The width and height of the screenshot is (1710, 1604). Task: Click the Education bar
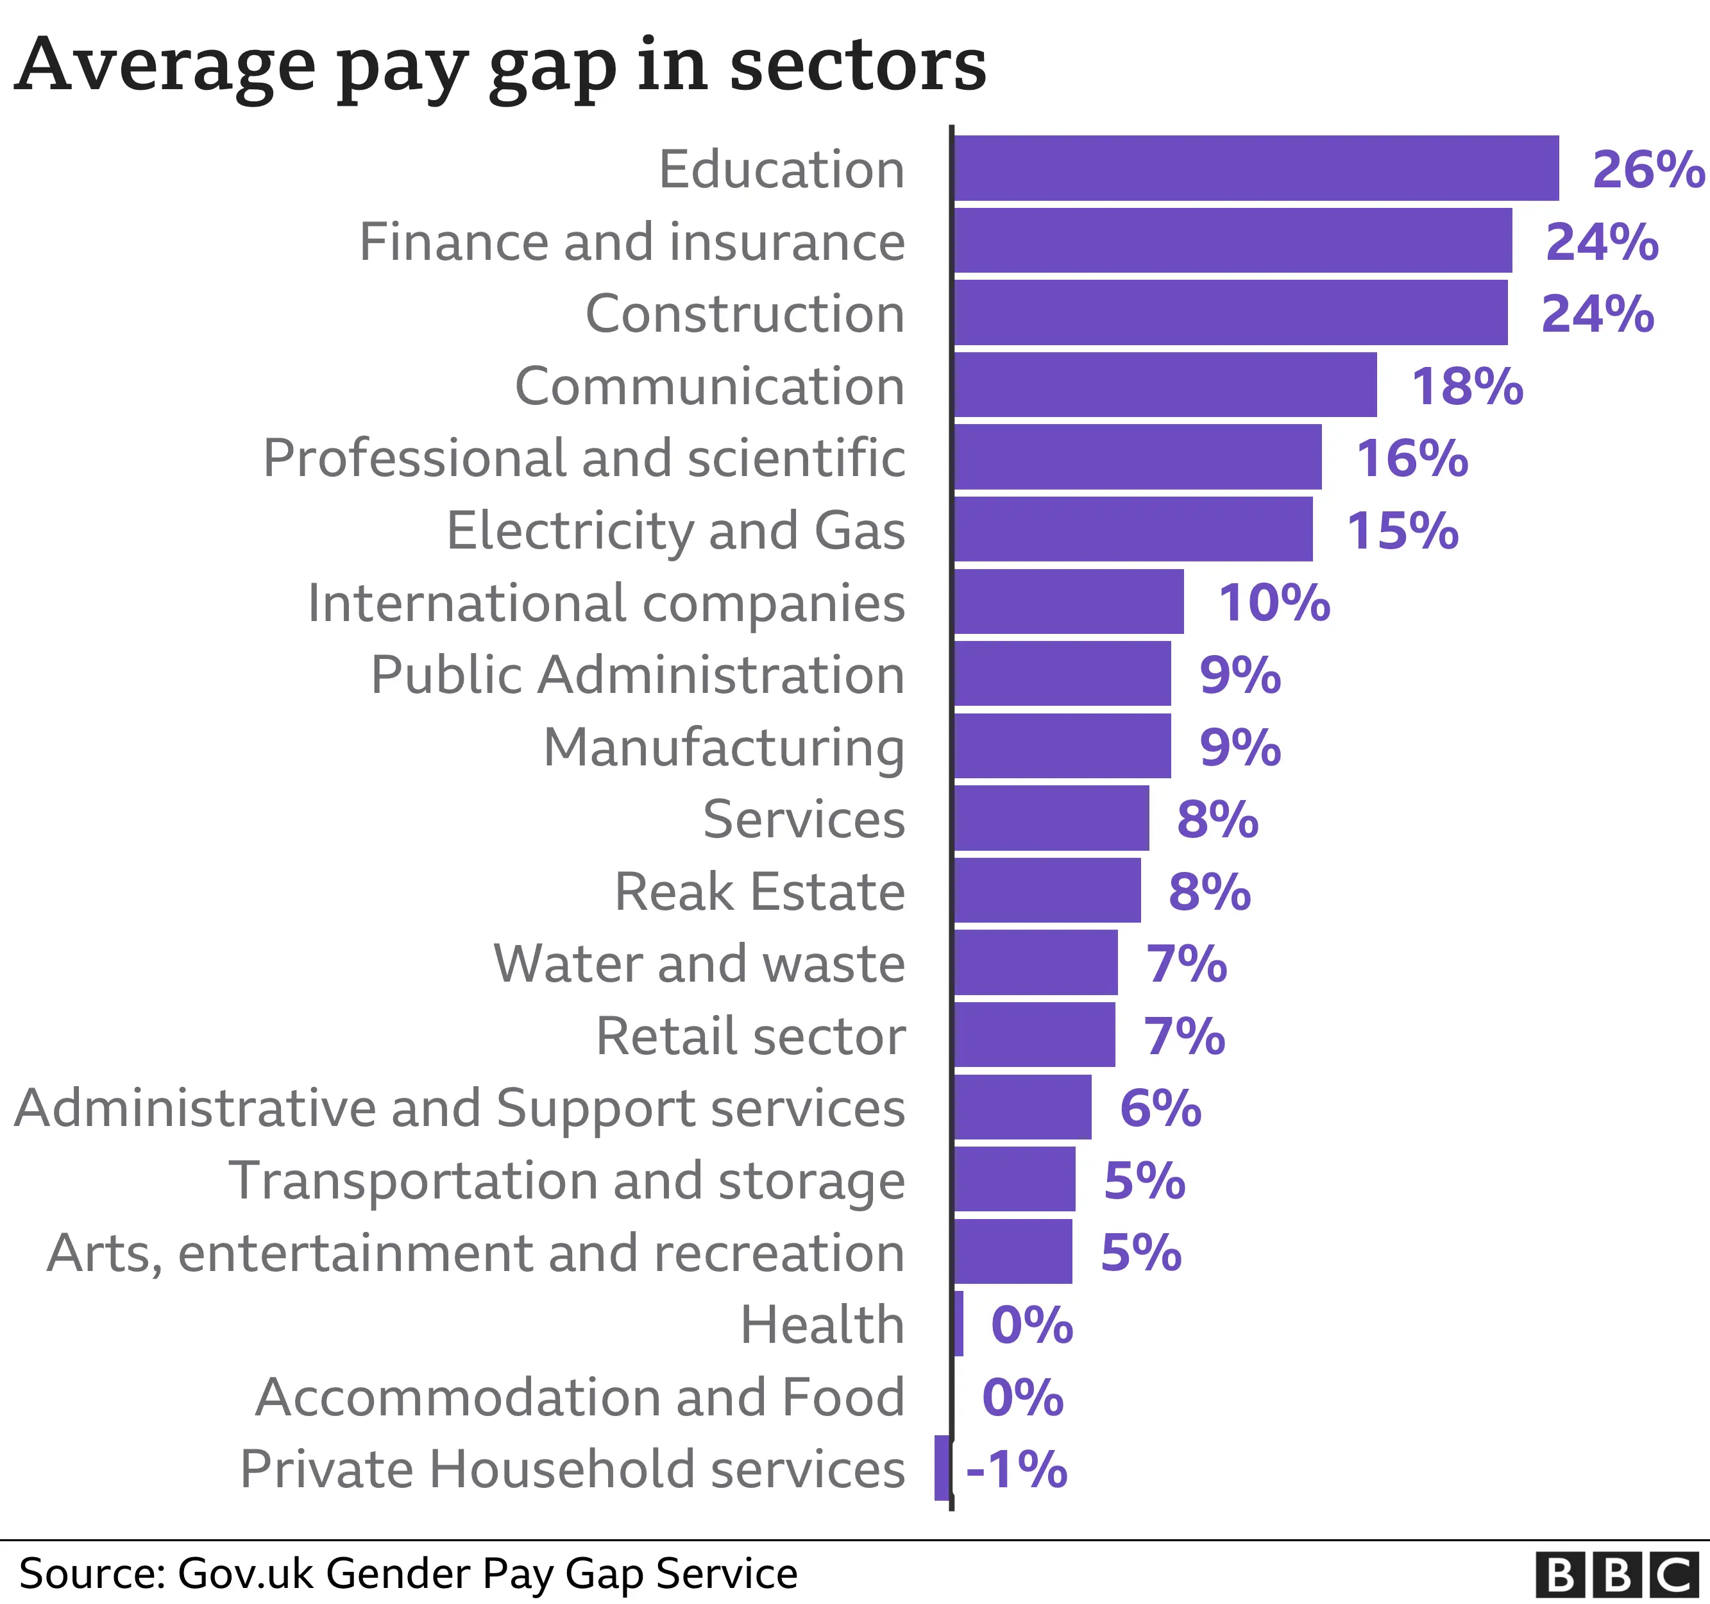(1256, 168)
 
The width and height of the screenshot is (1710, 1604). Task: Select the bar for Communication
(1165, 385)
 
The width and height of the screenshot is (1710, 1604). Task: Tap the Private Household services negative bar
(942, 1468)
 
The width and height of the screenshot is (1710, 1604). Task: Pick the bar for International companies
(1069, 602)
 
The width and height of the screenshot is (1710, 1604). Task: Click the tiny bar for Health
(959, 1324)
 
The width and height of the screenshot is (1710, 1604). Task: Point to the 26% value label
(1647, 169)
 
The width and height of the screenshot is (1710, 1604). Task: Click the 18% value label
(1466, 386)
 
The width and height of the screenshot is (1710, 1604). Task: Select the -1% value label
(1016, 1470)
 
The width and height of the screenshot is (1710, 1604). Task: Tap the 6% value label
(1160, 1108)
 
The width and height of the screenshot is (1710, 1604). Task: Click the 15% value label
(1402, 531)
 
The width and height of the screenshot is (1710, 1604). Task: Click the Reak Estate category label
(759, 891)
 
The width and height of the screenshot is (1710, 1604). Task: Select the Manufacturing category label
(724, 748)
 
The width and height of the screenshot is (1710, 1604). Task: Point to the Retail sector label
(750, 1036)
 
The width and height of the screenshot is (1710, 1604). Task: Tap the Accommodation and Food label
(580, 1397)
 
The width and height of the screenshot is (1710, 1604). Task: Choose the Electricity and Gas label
(675, 531)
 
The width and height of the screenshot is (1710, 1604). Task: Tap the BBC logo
(1617, 1574)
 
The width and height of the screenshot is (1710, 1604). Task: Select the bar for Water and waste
(1036, 962)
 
